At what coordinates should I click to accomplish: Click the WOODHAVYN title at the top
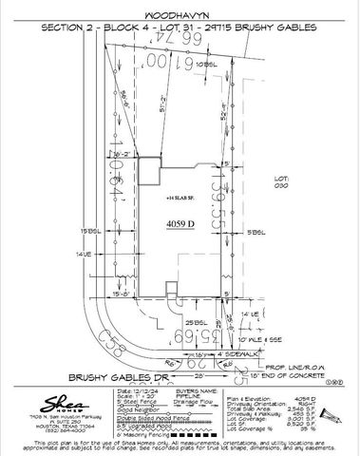click(x=180, y=16)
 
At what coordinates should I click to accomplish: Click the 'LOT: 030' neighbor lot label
click(x=279, y=181)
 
